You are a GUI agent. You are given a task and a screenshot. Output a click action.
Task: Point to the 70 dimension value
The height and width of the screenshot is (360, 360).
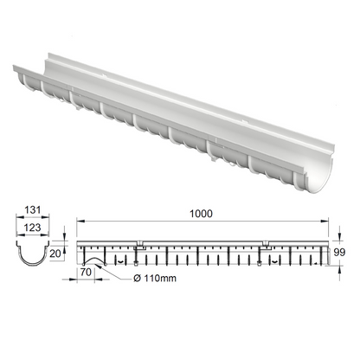pyautogui.click(x=86, y=271)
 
